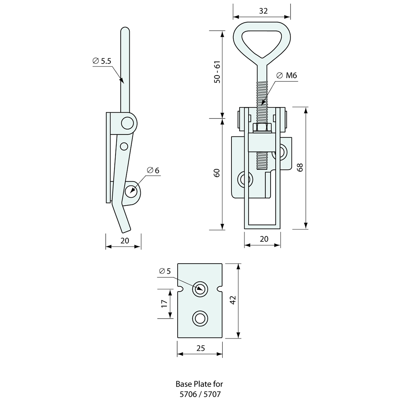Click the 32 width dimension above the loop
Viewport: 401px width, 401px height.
coord(263,11)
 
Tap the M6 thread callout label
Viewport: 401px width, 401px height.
coord(287,75)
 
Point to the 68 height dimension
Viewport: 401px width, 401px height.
coord(300,167)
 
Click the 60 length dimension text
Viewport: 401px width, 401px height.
coord(217,173)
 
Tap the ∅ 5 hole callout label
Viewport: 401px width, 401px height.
coord(165,271)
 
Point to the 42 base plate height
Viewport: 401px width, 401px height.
coord(233,300)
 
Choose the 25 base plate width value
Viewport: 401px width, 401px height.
coord(200,348)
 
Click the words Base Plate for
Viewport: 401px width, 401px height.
coord(199,384)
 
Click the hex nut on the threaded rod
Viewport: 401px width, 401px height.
coord(262,128)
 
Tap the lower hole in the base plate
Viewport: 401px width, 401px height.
coord(199,318)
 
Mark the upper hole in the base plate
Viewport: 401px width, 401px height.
coord(199,289)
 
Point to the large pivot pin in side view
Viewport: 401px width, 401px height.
coord(127,123)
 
